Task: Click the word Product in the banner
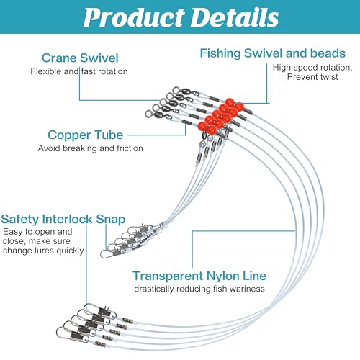pyautogui.click(x=134, y=17)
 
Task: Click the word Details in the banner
pyautogui.click(x=235, y=17)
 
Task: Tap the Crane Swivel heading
pyautogui.click(x=80, y=58)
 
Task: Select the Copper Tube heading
pyautogui.click(x=86, y=135)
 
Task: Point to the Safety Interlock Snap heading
pyautogui.click(x=63, y=220)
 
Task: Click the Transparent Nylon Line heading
pyautogui.click(x=199, y=276)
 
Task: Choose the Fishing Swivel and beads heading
pyautogui.click(x=273, y=53)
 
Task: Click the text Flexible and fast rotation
pyautogui.click(x=79, y=71)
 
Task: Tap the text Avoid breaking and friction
pyautogui.click(x=91, y=148)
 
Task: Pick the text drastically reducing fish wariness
pyautogui.click(x=199, y=289)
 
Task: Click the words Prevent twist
pyautogui.click(x=312, y=77)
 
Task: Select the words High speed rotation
pyautogui.click(x=312, y=68)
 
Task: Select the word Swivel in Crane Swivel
pyautogui.click(x=99, y=58)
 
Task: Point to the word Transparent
pyautogui.click(x=168, y=276)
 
